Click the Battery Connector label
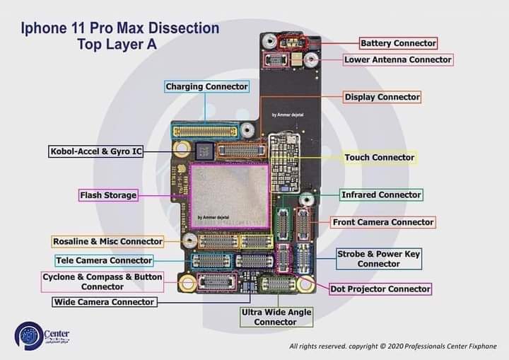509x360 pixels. coord(398,43)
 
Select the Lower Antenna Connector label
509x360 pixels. coord(397,60)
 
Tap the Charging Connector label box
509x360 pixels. coord(206,87)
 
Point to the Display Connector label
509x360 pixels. coord(382,97)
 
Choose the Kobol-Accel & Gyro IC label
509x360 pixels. coord(95,151)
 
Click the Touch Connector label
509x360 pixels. coord(379,158)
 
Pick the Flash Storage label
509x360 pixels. coord(108,195)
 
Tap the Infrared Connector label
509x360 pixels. coord(380,194)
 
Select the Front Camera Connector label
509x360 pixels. coord(382,222)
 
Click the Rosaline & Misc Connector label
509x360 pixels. coord(107,242)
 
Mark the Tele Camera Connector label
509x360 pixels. coord(103,261)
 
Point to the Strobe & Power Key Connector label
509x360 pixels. coord(378,259)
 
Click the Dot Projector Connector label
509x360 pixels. coord(380,289)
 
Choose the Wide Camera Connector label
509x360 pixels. coord(104,302)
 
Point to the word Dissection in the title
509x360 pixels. coord(178,29)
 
